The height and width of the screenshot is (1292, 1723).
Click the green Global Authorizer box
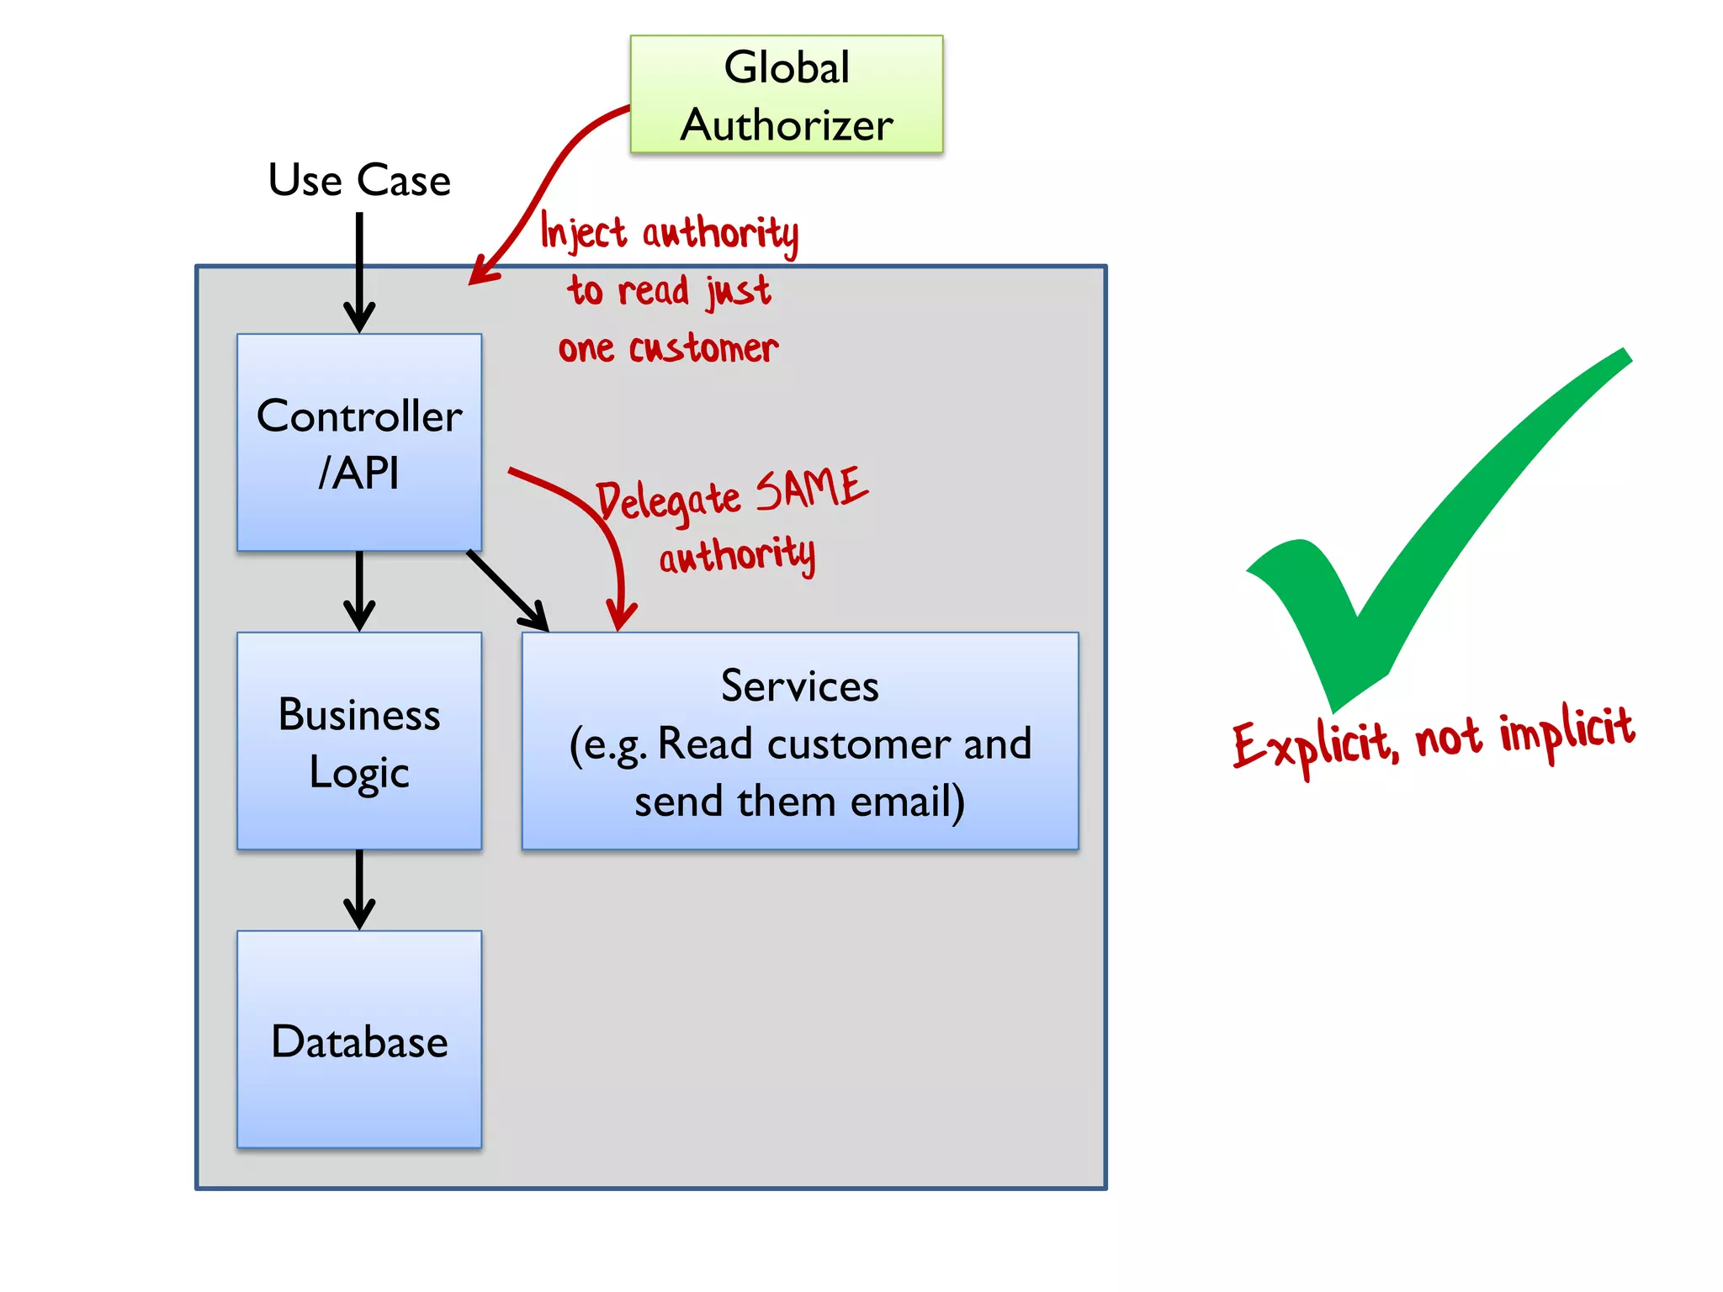(786, 94)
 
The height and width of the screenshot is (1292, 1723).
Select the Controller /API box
(359, 442)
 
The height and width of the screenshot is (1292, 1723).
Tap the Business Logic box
(359, 741)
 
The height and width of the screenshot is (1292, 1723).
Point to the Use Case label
(359, 180)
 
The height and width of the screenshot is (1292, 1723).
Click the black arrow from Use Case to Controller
(359, 269)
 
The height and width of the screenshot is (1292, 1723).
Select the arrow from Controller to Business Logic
(359, 589)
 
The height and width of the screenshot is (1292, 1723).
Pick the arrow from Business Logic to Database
(359, 887)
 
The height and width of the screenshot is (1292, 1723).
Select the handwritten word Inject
(582, 231)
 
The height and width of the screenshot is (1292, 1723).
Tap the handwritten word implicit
(1567, 730)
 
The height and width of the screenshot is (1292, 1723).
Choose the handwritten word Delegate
(669, 502)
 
